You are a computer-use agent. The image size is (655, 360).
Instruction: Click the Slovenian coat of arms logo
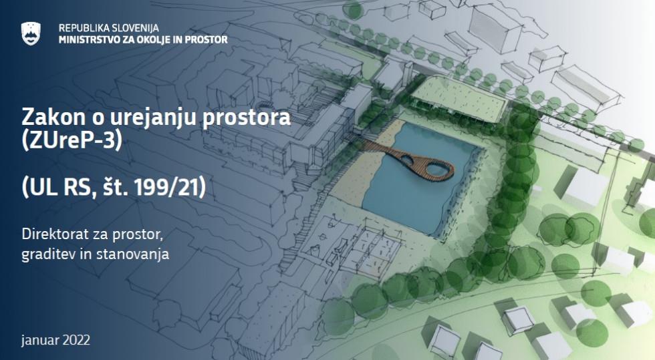(x=31, y=33)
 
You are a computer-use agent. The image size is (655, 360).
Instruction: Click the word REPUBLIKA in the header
(x=82, y=28)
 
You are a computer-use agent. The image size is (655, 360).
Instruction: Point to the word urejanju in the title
(x=154, y=118)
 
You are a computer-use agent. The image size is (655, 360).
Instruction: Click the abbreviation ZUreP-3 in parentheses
(x=72, y=140)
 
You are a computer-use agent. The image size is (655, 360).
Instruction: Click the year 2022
(x=76, y=340)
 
